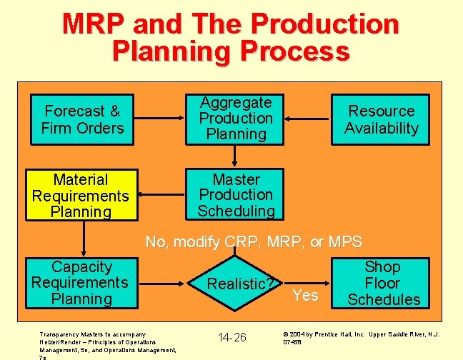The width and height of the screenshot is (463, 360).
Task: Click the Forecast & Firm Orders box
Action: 83,119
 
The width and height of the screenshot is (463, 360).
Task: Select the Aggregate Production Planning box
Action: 236,119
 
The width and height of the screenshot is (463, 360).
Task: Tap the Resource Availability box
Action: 381,119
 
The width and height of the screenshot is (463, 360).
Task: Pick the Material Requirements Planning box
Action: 81,196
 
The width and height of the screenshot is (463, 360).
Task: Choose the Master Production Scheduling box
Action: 236,194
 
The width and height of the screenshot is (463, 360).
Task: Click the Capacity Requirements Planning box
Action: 81,283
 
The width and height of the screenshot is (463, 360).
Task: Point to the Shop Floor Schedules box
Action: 383,283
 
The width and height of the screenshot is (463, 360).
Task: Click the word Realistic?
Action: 241,284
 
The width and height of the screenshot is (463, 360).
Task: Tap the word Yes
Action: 306,295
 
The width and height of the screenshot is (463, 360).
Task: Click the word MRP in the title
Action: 96,24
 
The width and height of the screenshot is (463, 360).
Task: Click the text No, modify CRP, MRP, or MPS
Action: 254,241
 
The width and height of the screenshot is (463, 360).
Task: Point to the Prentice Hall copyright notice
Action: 361,337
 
